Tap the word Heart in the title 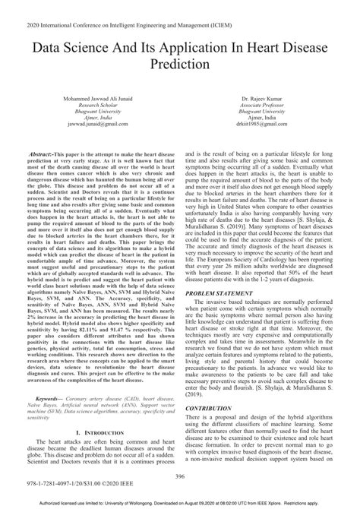tap(253, 46)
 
